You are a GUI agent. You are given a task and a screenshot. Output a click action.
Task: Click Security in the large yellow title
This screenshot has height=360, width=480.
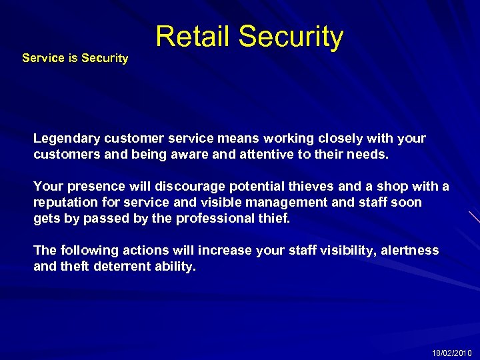click(291, 37)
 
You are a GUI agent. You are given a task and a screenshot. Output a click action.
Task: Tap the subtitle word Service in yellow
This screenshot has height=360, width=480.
click(43, 58)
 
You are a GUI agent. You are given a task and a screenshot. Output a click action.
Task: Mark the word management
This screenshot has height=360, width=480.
click(287, 202)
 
